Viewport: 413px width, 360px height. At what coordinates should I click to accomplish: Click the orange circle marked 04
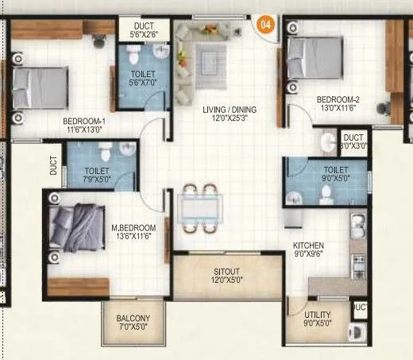tap(268, 22)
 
